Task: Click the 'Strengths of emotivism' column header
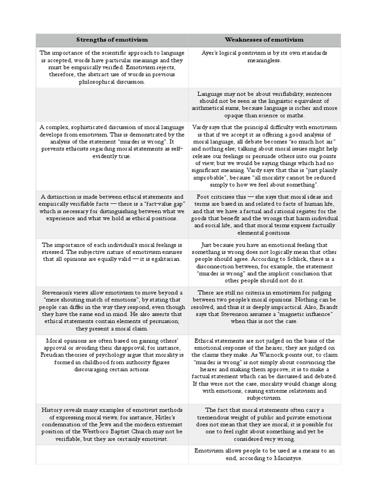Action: (112, 39)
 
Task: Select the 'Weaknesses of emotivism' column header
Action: (264, 39)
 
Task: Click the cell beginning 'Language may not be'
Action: (264, 104)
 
